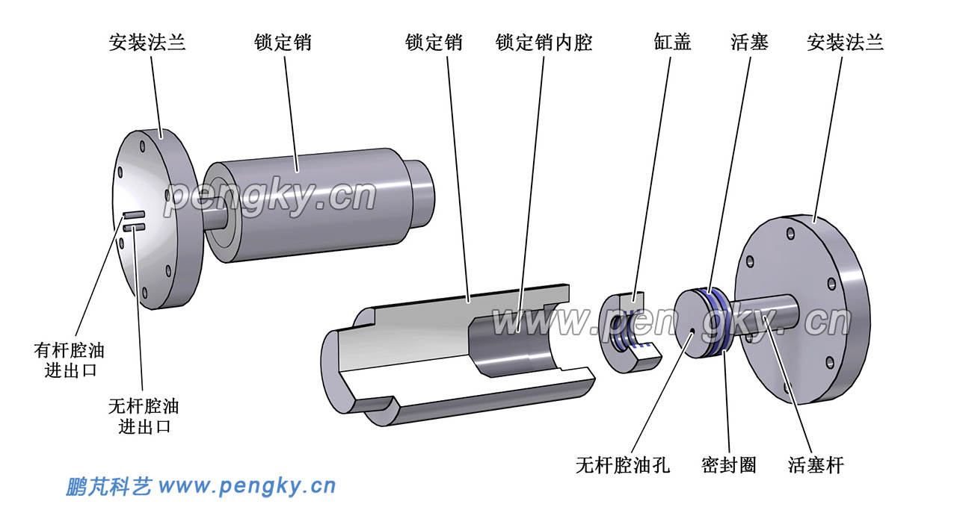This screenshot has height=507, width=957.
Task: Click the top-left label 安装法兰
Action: (x=147, y=43)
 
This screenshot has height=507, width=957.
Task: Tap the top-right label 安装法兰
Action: (x=845, y=43)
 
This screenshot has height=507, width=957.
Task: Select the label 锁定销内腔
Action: (x=544, y=43)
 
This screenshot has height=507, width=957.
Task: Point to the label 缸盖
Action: (x=672, y=43)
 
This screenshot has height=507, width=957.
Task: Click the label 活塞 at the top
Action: (x=749, y=43)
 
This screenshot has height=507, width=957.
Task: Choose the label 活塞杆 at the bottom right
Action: (x=816, y=465)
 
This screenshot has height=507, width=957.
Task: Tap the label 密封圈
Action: (x=728, y=465)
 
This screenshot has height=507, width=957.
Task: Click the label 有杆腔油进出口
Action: (x=69, y=359)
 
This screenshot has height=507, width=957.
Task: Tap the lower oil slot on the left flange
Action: (x=135, y=227)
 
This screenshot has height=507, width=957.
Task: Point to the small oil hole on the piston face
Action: (x=693, y=331)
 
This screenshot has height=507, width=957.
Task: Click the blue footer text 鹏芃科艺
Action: (x=108, y=487)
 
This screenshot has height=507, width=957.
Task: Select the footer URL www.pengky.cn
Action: (x=247, y=487)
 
